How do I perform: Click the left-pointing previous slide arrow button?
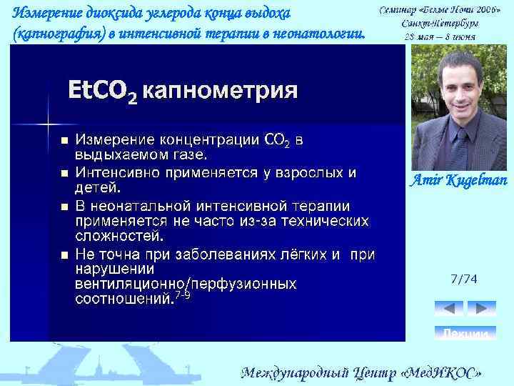(449, 308)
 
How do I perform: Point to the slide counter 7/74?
(464, 279)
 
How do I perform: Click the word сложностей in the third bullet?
(119, 234)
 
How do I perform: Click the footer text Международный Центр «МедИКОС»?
(362, 373)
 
